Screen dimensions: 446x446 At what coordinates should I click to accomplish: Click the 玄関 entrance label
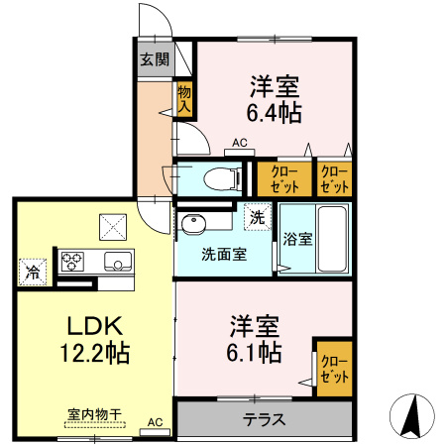click(x=154, y=58)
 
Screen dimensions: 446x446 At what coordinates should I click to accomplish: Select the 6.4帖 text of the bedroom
click(x=274, y=111)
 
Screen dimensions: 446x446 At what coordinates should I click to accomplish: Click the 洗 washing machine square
click(x=257, y=217)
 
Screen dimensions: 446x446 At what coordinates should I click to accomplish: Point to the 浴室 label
click(x=297, y=239)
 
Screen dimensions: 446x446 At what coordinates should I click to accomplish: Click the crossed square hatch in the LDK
click(x=113, y=227)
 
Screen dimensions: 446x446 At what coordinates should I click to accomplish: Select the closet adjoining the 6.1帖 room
click(x=333, y=368)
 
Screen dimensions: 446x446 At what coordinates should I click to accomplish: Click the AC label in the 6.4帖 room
click(x=238, y=143)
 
